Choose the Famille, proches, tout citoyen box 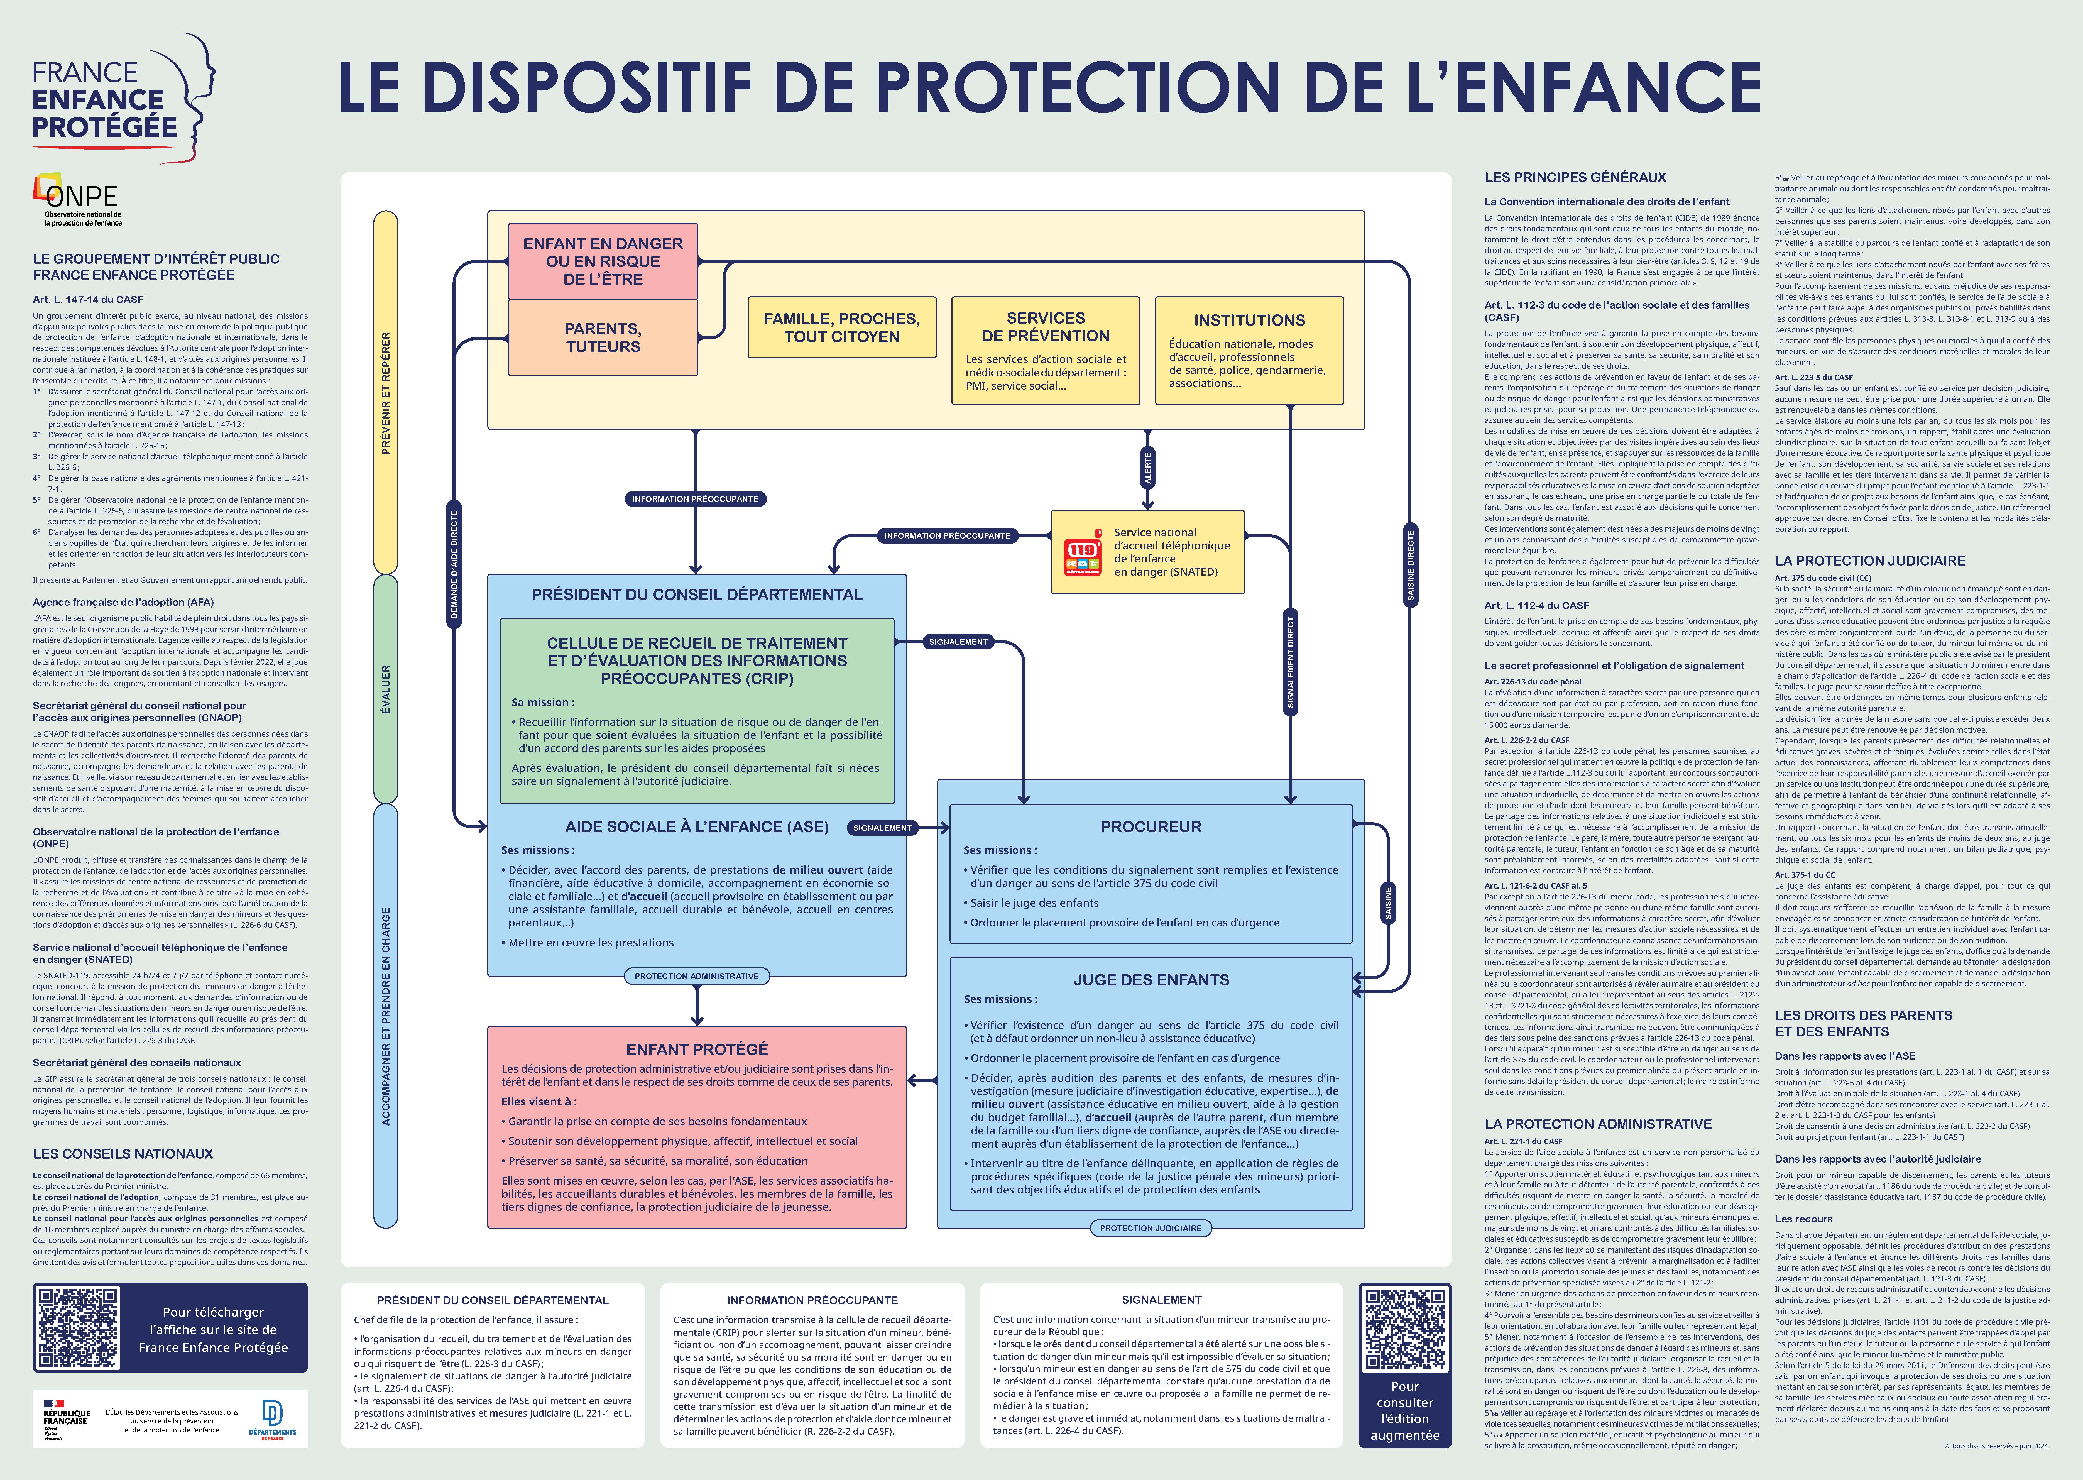(x=841, y=327)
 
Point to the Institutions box (x=1249, y=350)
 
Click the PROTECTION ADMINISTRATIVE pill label (x=696, y=976)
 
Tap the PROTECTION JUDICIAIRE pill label (x=1150, y=1227)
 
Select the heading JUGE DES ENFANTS (x=1151, y=980)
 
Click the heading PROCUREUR (x=1151, y=826)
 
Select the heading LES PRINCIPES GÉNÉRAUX (x=1575, y=178)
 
